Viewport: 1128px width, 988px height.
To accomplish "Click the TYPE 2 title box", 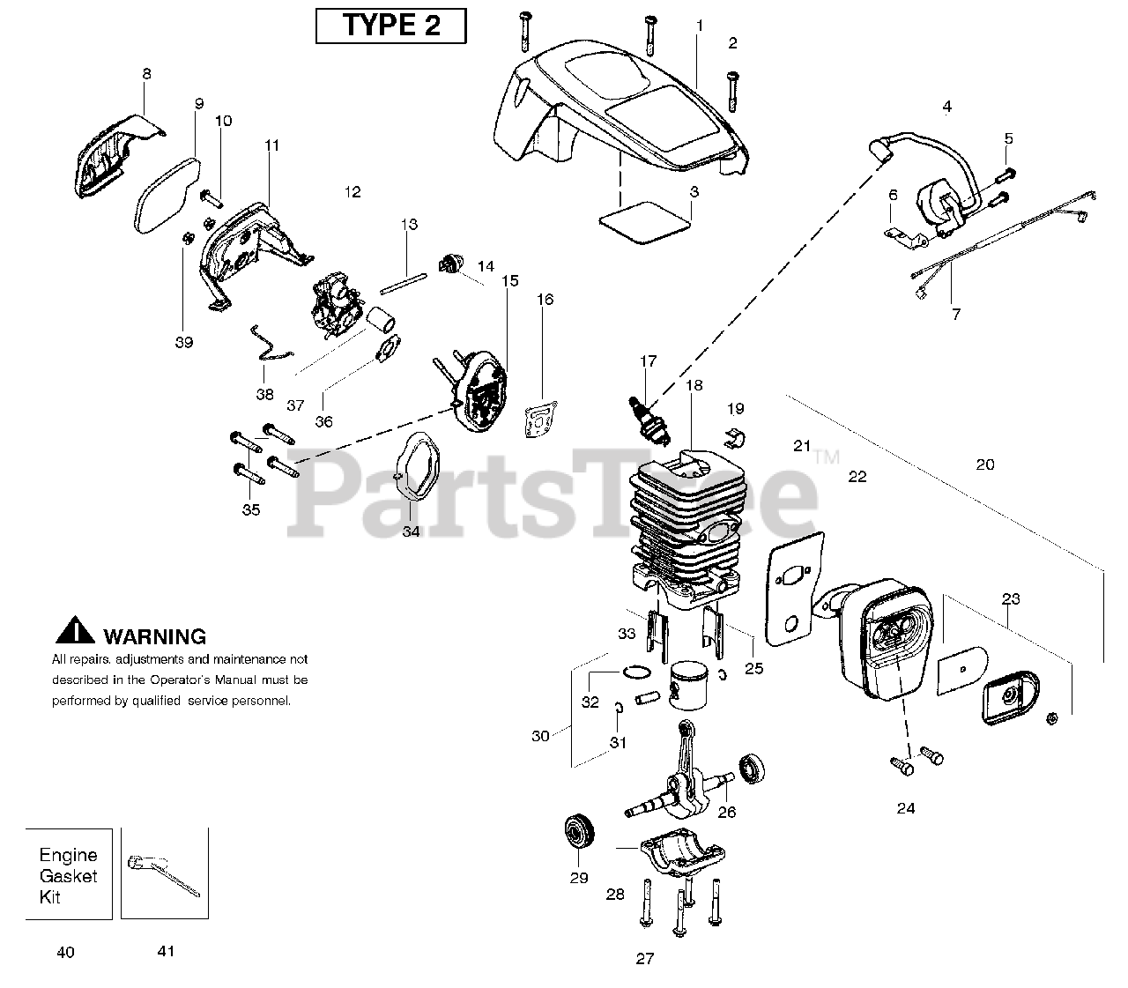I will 390,26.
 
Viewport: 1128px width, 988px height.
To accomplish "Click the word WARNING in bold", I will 154,636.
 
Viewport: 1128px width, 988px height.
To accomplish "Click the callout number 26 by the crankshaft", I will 726,813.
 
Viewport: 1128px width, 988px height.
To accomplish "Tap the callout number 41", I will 166,951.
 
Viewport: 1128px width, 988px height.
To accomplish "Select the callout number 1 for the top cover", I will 700,26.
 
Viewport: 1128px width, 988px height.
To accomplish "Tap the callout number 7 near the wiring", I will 956,313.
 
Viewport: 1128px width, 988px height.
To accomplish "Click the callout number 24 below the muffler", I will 905,808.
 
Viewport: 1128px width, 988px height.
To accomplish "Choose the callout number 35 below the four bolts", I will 251,509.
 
